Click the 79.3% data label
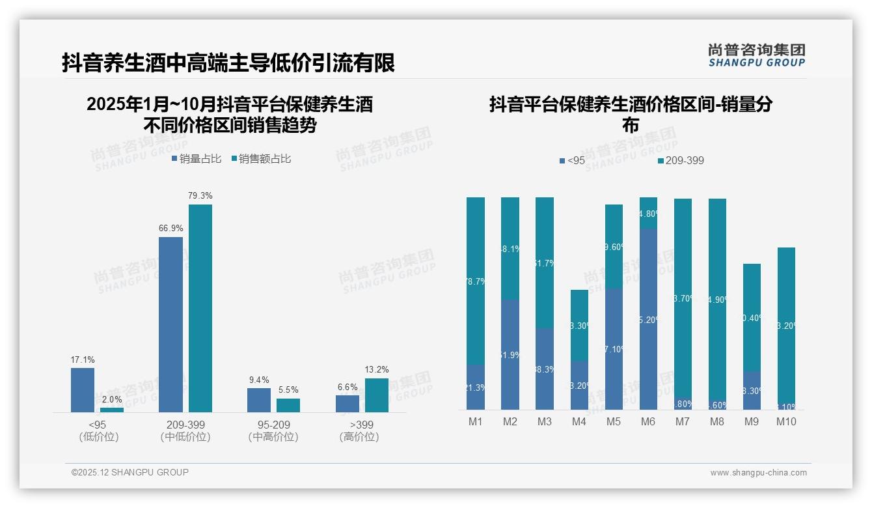click(x=200, y=195)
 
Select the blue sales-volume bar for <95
click(x=83, y=389)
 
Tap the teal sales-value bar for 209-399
click(x=200, y=308)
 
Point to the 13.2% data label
click(x=376, y=369)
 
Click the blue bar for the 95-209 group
click(x=259, y=400)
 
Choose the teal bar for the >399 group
click(x=376, y=395)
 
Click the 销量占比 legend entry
click(x=197, y=158)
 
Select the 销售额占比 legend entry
click(x=261, y=158)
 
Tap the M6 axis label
click(x=648, y=421)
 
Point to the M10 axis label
click(x=786, y=421)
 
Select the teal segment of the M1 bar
click(x=476, y=280)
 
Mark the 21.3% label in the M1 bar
click(x=476, y=388)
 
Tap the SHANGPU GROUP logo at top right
click(x=757, y=55)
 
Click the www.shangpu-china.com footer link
click(x=758, y=473)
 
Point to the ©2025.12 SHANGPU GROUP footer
click(x=130, y=472)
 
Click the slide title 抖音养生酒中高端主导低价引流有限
click(x=228, y=63)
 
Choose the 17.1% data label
click(x=83, y=360)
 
